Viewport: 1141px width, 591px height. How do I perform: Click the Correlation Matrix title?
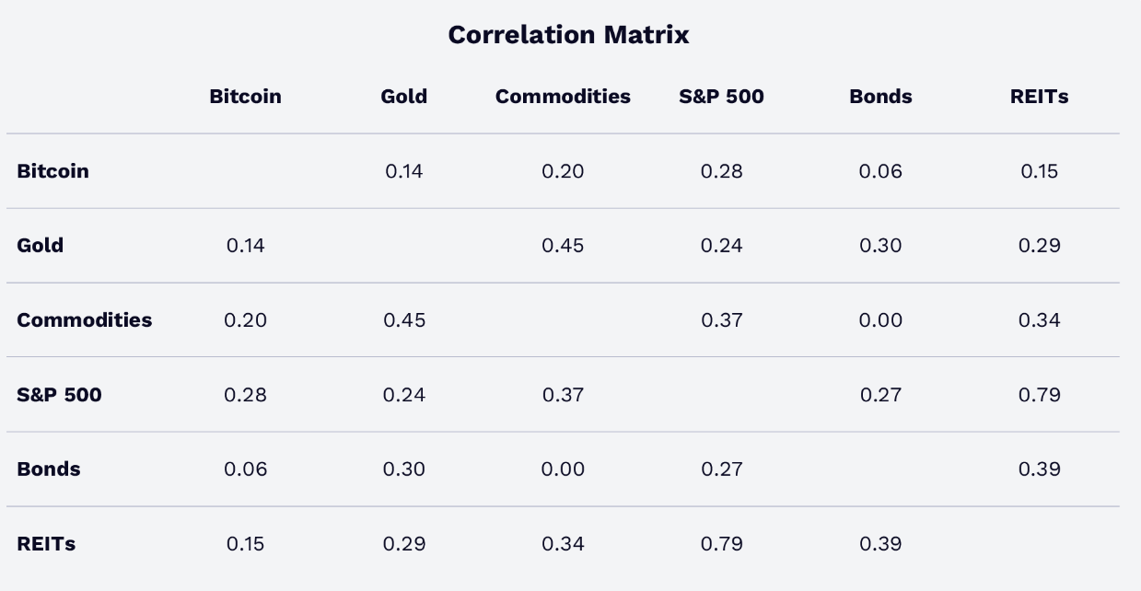tap(568, 35)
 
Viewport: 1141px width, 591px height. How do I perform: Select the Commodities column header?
tap(563, 97)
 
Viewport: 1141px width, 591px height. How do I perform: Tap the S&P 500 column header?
tap(721, 97)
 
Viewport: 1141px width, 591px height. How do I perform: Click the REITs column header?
tap(1039, 97)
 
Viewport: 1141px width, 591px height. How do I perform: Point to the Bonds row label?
tap(49, 469)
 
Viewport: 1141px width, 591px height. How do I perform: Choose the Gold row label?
tap(41, 246)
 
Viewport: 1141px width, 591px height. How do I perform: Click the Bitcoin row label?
tap(53, 171)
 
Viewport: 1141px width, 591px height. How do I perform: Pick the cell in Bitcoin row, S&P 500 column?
tap(721, 171)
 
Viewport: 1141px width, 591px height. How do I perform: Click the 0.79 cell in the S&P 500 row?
tap(1039, 395)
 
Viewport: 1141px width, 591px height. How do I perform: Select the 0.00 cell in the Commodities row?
tap(880, 320)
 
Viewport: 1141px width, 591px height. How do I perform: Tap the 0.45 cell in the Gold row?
tap(563, 246)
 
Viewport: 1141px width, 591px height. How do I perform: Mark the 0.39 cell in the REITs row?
tap(880, 544)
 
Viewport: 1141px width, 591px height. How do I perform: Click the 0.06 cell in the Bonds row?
tap(245, 469)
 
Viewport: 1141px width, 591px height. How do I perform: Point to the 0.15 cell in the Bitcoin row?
tap(1039, 171)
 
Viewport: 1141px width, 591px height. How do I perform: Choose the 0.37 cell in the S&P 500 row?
tap(563, 395)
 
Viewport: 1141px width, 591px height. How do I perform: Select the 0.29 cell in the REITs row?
tap(404, 544)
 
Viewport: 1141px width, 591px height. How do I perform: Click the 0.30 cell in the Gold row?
tap(880, 246)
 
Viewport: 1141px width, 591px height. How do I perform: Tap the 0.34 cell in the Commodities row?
tap(1039, 320)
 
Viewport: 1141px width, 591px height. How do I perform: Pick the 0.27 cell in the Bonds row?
tap(721, 469)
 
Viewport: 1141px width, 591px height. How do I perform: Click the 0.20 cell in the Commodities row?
tap(245, 320)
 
